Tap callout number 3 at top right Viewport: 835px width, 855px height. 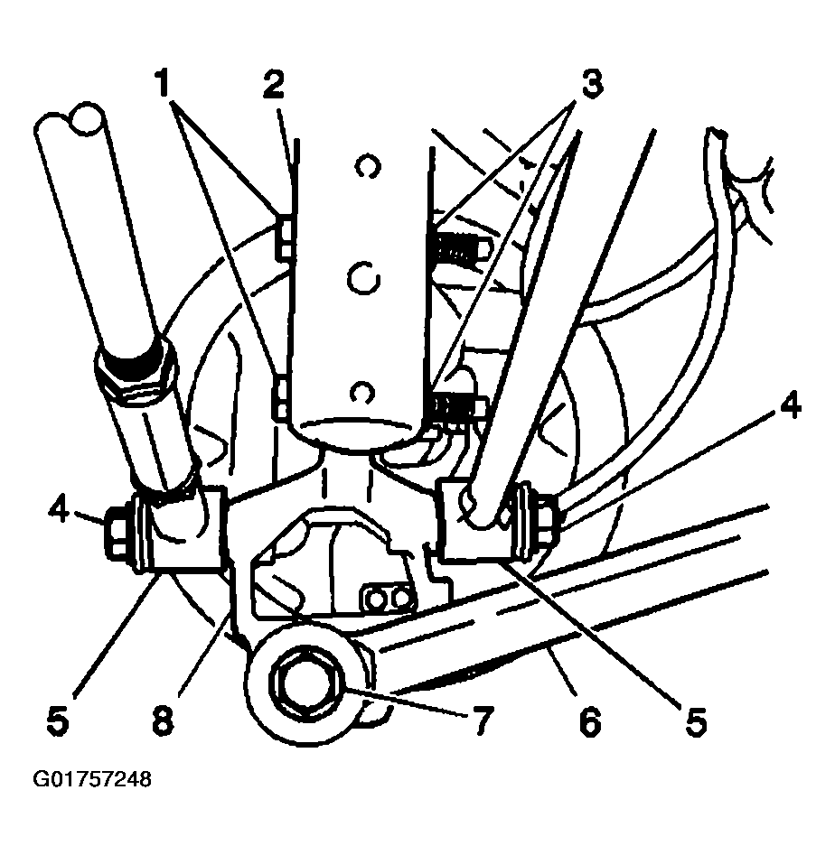pyautogui.click(x=592, y=83)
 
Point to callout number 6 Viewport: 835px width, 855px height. pyautogui.click(x=590, y=720)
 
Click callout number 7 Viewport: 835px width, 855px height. pyautogui.click(x=483, y=720)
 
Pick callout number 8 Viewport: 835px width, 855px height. pyautogui.click(x=163, y=720)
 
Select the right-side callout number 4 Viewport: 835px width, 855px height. pyautogui.click(x=789, y=404)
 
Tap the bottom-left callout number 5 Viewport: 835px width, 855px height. pyautogui.click(x=58, y=720)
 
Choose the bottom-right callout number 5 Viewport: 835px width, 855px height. pyautogui.click(x=696, y=720)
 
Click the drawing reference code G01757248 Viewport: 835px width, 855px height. pyautogui.click(x=92, y=779)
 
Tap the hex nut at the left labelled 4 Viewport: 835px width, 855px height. pyautogui.click(x=117, y=532)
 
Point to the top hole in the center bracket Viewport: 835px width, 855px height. pyautogui.click(x=367, y=167)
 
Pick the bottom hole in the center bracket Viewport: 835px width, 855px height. pyautogui.click(x=361, y=392)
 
